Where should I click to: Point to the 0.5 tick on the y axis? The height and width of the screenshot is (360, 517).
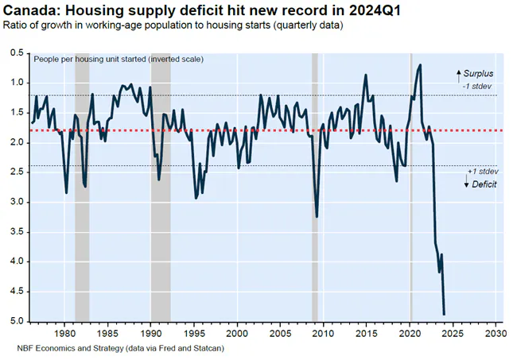17,52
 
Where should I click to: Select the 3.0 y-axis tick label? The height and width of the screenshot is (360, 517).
17,202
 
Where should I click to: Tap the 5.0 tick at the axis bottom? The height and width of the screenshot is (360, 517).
17,322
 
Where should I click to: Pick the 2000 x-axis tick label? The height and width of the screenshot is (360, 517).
237,333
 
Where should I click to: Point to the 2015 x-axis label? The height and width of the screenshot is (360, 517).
366,333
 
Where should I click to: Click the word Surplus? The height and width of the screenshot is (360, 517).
479,73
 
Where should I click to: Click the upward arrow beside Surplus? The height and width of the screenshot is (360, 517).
458,75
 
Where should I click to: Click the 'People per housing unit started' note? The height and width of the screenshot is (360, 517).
119,60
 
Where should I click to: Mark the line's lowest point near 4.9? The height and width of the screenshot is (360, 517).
443,315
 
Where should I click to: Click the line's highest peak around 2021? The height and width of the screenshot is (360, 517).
420,65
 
